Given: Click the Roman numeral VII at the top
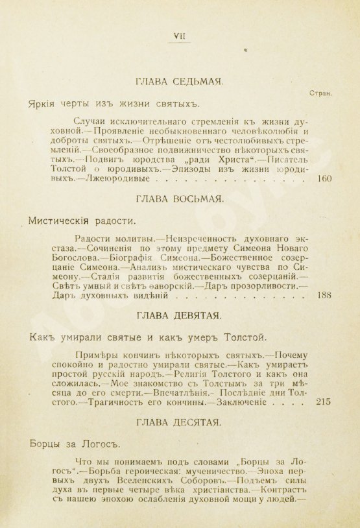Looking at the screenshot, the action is tap(178, 36).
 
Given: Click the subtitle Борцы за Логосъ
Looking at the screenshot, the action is tap(67, 445).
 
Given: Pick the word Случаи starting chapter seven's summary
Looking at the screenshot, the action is tap(93, 121).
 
